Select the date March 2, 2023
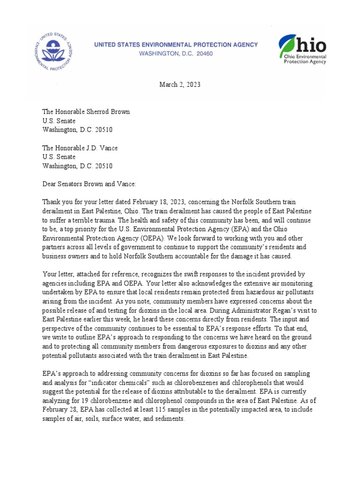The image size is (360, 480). pyautogui.click(x=180, y=84)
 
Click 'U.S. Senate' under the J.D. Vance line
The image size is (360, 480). pyautogui.click(x=59, y=157)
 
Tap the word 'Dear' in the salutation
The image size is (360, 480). pyautogui.click(x=51, y=184)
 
